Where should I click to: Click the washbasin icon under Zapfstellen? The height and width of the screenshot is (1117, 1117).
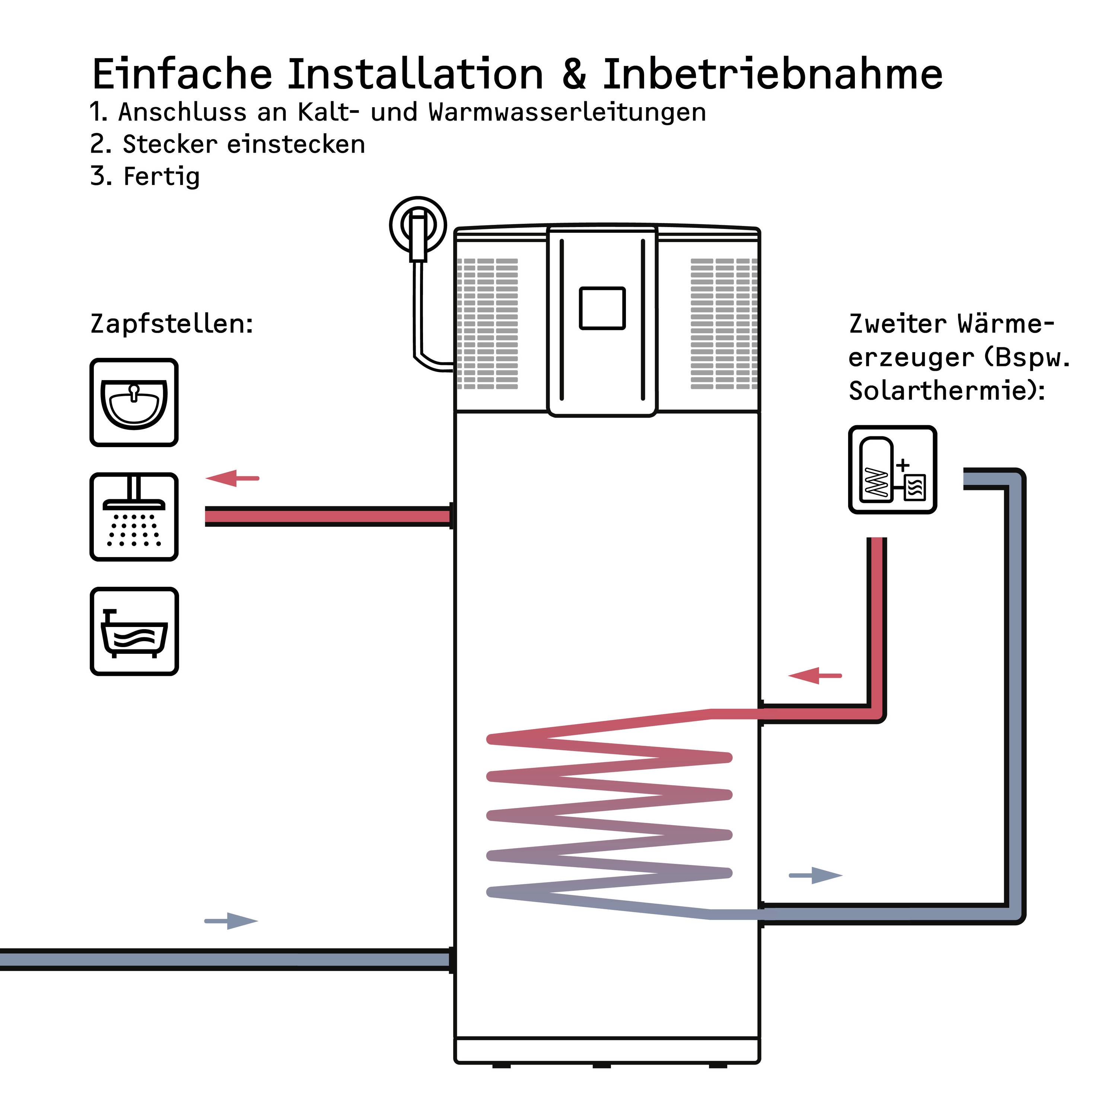click(x=134, y=402)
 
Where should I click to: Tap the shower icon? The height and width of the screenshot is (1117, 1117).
click(x=134, y=516)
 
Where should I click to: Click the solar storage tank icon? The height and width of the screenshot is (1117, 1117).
click(x=892, y=470)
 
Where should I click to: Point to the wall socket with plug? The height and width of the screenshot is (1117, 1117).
click(x=418, y=227)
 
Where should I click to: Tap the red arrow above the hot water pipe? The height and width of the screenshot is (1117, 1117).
click(x=232, y=478)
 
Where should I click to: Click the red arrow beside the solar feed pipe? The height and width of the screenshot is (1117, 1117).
click(x=815, y=675)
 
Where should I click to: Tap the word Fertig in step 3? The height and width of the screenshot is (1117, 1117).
click(x=162, y=176)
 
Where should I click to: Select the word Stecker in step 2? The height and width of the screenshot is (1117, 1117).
click(x=170, y=144)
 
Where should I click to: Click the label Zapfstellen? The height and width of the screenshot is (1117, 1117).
click(x=172, y=324)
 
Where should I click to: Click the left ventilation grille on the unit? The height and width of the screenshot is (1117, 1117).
click(x=487, y=324)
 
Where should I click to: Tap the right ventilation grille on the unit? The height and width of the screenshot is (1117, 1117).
click(x=723, y=324)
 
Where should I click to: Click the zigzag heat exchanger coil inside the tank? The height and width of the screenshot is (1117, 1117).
click(x=609, y=815)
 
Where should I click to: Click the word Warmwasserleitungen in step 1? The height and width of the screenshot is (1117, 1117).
click(x=567, y=112)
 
